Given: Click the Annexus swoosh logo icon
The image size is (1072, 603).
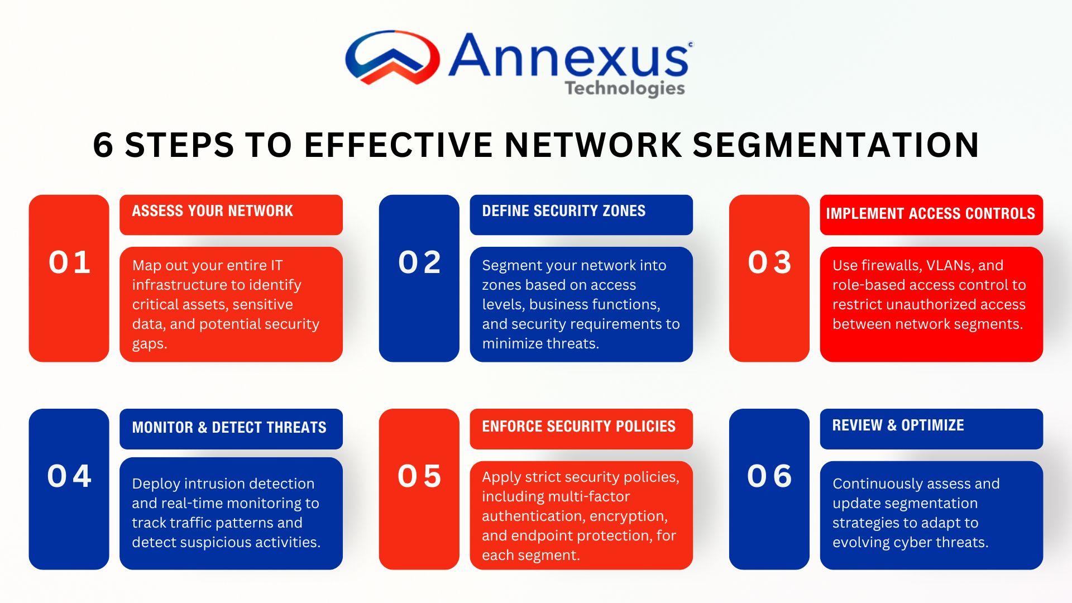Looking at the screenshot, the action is pyautogui.click(x=392, y=58).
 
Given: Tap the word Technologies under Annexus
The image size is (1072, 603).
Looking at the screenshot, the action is pyautogui.click(x=624, y=89).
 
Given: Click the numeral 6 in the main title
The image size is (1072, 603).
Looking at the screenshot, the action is pyautogui.click(x=103, y=145).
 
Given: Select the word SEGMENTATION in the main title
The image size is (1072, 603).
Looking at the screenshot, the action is pyautogui.click(x=836, y=145).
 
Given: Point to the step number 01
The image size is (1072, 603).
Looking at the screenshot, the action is pyautogui.click(x=69, y=262).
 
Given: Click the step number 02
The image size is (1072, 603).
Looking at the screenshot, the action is pyautogui.click(x=419, y=262).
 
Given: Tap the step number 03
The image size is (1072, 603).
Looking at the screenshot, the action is pyautogui.click(x=769, y=262).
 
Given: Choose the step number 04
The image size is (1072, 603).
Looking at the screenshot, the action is pyautogui.click(x=69, y=476).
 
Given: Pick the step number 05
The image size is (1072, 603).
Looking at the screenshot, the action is pyautogui.click(x=419, y=476).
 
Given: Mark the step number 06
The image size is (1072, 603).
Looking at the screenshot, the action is pyautogui.click(x=769, y=476).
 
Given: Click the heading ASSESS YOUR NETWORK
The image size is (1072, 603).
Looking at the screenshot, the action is pyautogui.click(x=212, y=210).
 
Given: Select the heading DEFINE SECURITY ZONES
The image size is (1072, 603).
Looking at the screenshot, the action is pyautogui.click(x=563, y=210).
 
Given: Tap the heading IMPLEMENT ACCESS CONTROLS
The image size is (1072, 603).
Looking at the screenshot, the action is pyautogui.click(x=930, y=213).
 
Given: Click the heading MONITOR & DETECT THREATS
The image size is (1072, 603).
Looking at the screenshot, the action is pyautogui.click(x=229, y=427).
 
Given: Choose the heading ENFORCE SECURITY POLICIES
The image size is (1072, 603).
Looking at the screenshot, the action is pyautogui.click(x=578, y=426).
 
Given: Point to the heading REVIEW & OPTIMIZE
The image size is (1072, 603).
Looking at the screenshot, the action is pyautogui.click(x=898, y=425).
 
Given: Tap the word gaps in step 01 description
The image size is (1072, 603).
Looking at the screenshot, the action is pyautogui.click(x=150, y=344).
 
